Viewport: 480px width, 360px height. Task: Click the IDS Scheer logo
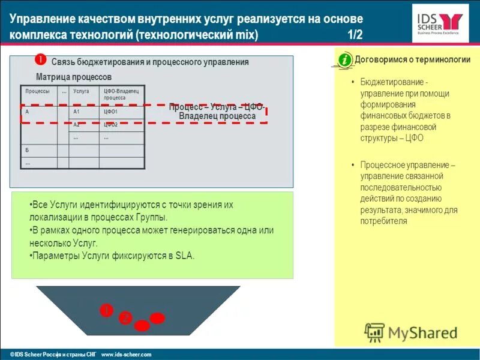click(440, 23)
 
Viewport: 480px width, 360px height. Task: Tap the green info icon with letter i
click(344, 60)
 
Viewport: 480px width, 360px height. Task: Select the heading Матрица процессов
click(73, 77)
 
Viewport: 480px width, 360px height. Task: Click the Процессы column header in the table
click(37, 91)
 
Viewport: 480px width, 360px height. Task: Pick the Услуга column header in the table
click(81, 91)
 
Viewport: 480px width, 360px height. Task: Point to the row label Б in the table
click(27, 150)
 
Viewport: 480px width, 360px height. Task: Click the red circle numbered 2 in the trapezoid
click(125, 319)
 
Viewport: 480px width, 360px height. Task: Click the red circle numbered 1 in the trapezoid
click(106, 310)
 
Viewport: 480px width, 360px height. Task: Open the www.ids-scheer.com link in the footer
click(127, 355)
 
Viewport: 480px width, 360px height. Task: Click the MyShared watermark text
click(422, 332)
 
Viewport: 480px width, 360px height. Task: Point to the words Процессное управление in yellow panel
click(405, 165)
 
